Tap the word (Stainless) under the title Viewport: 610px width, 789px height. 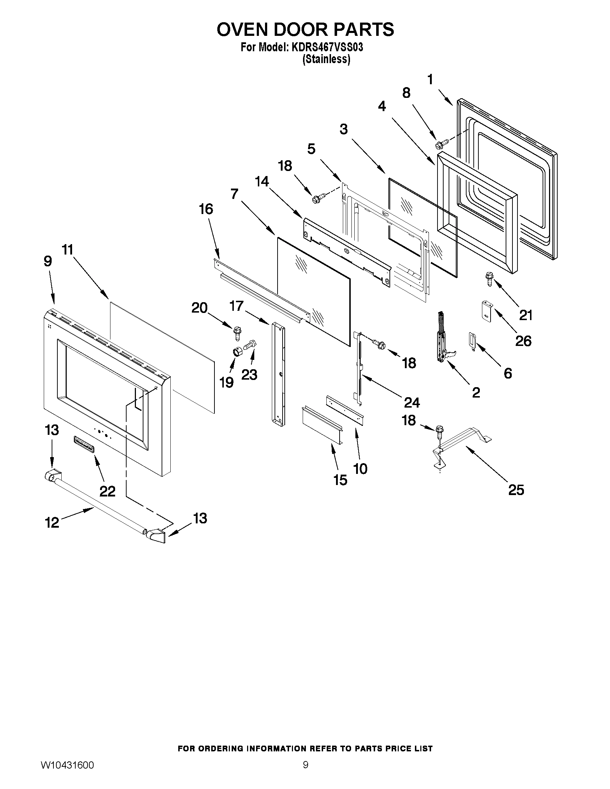[326, 59]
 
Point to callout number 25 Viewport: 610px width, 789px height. [516, 490]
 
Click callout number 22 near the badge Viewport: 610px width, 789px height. [107, 491]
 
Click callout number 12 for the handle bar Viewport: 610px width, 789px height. [52, 523]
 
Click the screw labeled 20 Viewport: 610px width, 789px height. [237, 332]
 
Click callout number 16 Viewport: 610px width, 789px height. [206, 209]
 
